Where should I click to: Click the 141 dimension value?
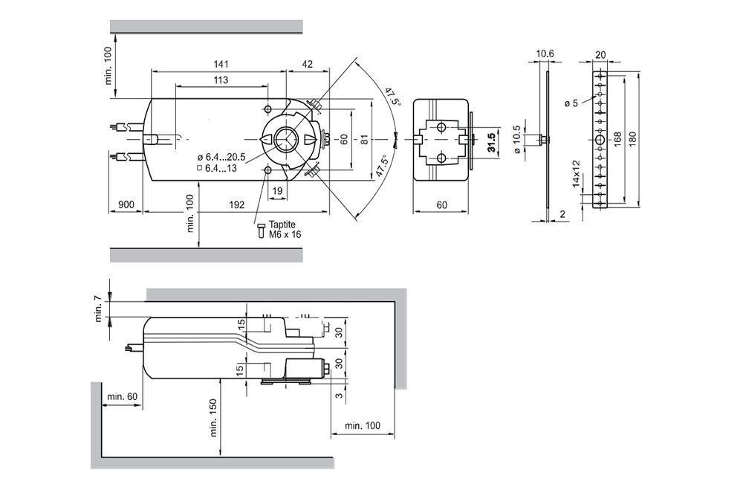(221, 63)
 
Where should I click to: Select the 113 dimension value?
(221, 80)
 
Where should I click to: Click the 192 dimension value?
(236, 203)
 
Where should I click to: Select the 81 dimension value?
(363, 139)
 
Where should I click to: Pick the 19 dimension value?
(276, 191)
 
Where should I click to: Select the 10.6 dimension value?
(545, 54)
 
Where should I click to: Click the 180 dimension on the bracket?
(633, 139)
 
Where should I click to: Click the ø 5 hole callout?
(571, 103)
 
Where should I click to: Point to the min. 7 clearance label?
(98, 309)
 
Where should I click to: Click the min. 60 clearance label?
(122, 396)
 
